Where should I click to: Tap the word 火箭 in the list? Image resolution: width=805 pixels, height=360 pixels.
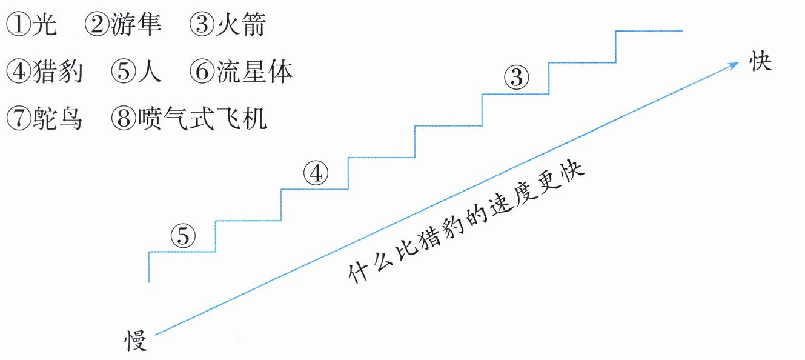[x=240, y=25]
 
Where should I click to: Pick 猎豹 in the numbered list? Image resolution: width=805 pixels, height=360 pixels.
[x=59, y=72]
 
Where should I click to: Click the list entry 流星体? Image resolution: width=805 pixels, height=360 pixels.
[x=254, y=72]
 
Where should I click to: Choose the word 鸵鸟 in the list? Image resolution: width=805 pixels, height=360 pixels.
[x=59, y=119]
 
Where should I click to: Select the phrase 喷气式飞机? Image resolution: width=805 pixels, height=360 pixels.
[x=202, y=119]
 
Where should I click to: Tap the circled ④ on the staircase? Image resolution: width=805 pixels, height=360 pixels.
[x=315, y=174]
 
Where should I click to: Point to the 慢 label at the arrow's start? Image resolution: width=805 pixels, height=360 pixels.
[x=136, y=341]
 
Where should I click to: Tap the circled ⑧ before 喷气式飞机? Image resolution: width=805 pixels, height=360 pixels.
[x=123, y=119]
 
